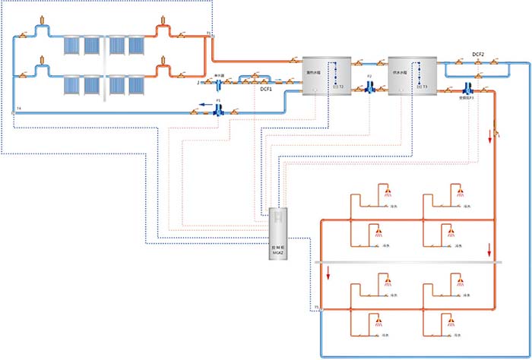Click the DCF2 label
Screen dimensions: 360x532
click(x=478, y=55)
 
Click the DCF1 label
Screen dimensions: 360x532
click(x=266, y=90)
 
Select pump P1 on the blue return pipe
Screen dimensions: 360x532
click(x=218, y=110)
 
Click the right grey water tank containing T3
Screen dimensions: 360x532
click(x=410, y=75)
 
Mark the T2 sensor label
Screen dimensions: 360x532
click(x=340, y=87)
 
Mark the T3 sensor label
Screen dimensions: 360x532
click(x=426, y=87)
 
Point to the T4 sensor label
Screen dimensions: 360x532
click(x=17, y=111)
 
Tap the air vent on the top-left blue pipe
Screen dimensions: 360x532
click(x=38, y=18)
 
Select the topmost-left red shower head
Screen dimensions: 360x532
click(x=388, y=190)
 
